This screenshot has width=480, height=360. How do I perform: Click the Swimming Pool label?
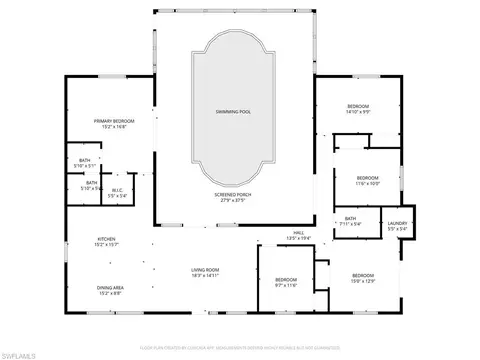[232, 111]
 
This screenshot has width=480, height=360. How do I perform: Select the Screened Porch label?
[232, 194]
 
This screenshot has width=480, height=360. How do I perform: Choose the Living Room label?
[205, 269]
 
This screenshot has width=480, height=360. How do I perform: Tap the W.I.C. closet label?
[116, 190]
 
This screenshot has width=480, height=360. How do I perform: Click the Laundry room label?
[397, 223]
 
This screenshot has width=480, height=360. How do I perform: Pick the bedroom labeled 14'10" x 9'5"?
[358, 106]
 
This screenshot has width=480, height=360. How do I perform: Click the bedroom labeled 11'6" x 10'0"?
[369, 178]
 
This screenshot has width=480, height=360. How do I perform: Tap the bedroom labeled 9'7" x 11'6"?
[286, 280]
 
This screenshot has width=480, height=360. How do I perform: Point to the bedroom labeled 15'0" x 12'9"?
[362, 275]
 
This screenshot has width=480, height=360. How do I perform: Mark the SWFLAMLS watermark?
[23, 353]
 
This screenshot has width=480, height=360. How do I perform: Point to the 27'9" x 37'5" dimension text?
[232, 200]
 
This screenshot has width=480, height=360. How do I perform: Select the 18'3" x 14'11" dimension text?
[205, 275]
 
